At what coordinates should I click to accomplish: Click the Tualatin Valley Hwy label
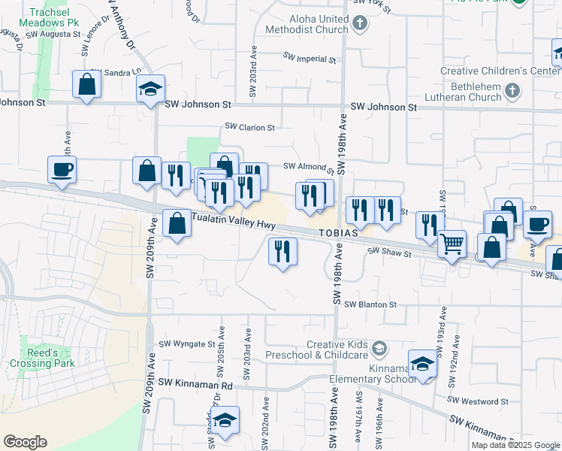tap(234, 221)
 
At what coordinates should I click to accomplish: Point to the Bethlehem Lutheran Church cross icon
tap(512, 92)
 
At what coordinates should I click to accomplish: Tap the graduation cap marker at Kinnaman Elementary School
tap(423, 365)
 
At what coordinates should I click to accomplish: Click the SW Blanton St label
tap(370, 304)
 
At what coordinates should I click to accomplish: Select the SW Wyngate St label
tap(187, 344)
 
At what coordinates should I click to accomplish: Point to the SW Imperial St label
tap(309, 58)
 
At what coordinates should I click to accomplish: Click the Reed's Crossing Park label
tap(42, 358)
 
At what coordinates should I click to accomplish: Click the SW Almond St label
tap(307, 167)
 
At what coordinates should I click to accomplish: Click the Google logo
tap(25, 442)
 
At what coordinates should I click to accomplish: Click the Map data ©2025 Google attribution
tap(515, 445)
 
